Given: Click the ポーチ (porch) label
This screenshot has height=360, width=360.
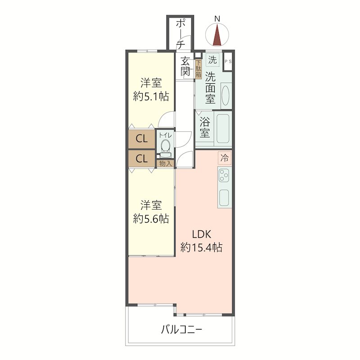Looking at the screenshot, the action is (x=181, y=34).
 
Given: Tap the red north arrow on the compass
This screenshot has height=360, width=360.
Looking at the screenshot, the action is (x=217, y=36).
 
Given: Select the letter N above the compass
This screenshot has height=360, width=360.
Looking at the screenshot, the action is (x=217, y=19).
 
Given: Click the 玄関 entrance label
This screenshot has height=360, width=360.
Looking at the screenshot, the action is (x=185, y=66).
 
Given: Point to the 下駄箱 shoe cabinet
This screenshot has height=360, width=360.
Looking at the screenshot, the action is (x=198, y=69).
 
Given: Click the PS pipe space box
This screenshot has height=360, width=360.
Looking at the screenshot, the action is (x=228, y=62).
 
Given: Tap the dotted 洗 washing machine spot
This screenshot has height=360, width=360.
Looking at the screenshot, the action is (x=212, y=60).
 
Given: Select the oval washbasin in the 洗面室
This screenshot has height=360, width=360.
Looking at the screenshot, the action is (x=226, y=95).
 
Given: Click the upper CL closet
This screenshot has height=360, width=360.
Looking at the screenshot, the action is (x=141, y=139).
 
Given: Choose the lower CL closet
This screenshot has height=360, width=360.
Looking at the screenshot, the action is (x=141, y=159).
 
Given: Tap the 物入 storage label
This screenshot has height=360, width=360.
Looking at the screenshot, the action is (x=165, y=164).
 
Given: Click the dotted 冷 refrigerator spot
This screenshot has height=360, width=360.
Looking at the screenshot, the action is (x=225, y=158).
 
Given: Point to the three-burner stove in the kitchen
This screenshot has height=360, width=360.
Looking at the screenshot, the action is (x=224, y=175).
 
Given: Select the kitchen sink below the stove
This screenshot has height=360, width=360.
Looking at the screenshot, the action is (x=224, y=198).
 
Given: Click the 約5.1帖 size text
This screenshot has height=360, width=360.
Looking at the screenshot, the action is (x=151, y=96).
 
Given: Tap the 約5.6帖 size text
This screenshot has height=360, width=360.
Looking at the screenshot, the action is (x=151, y=219).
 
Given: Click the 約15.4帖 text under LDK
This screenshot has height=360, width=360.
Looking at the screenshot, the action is (x=201, y=247).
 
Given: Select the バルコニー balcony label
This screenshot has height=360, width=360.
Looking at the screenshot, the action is (x=181, y=330).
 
